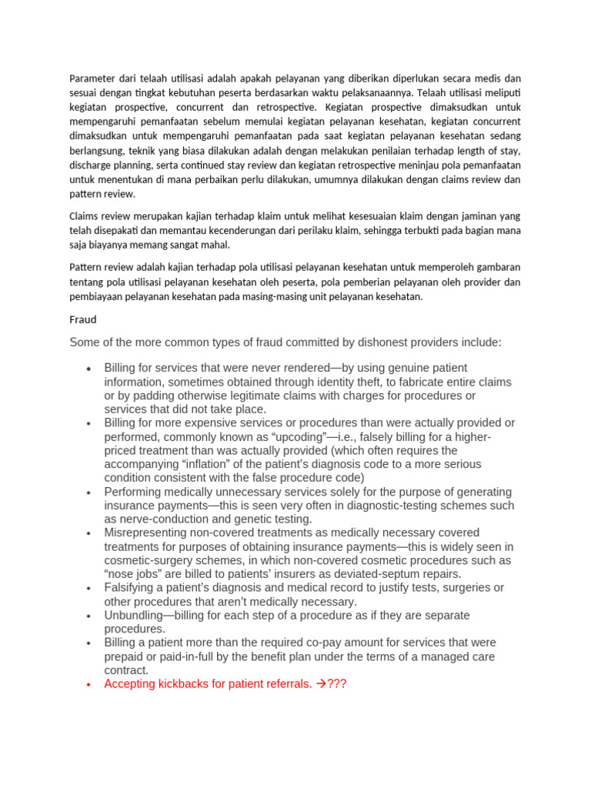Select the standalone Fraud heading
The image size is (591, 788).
[83, 318]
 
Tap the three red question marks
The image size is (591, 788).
[337, 683]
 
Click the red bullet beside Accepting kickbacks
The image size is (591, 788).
[90, 683]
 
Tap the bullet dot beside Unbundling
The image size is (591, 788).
[90, 616]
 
